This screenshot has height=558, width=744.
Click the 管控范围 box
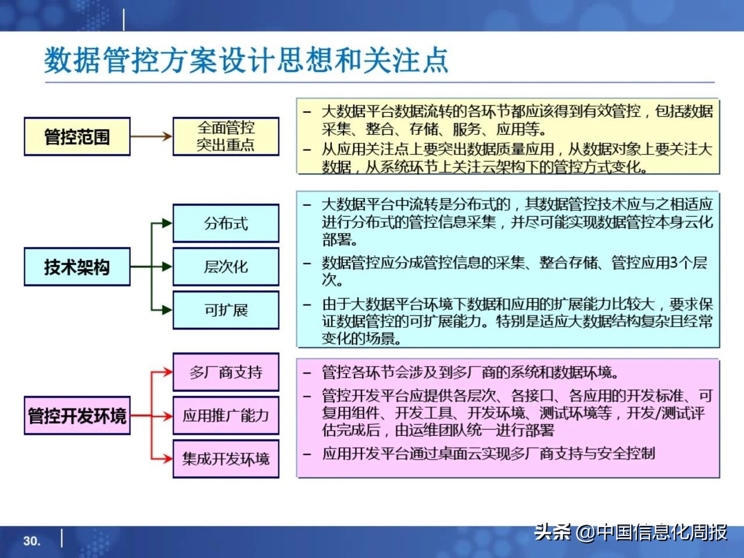77,137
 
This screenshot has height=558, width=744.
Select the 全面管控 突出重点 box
226,137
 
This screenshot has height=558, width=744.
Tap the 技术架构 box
77,267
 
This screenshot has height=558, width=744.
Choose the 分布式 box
226,223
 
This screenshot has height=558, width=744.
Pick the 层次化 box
226,267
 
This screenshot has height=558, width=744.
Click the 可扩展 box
226,310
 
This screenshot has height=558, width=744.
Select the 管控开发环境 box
77,416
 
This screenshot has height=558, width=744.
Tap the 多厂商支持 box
226,372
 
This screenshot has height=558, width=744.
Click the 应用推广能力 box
226,416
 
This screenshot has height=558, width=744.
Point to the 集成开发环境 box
226,459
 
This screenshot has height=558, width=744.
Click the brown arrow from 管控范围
151,137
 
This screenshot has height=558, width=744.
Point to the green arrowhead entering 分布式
167,223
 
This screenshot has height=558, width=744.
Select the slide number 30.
32,541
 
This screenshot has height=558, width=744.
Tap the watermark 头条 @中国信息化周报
631,531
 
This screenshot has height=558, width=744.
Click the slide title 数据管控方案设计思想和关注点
246,60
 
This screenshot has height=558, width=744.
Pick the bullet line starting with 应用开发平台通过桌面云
488,453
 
